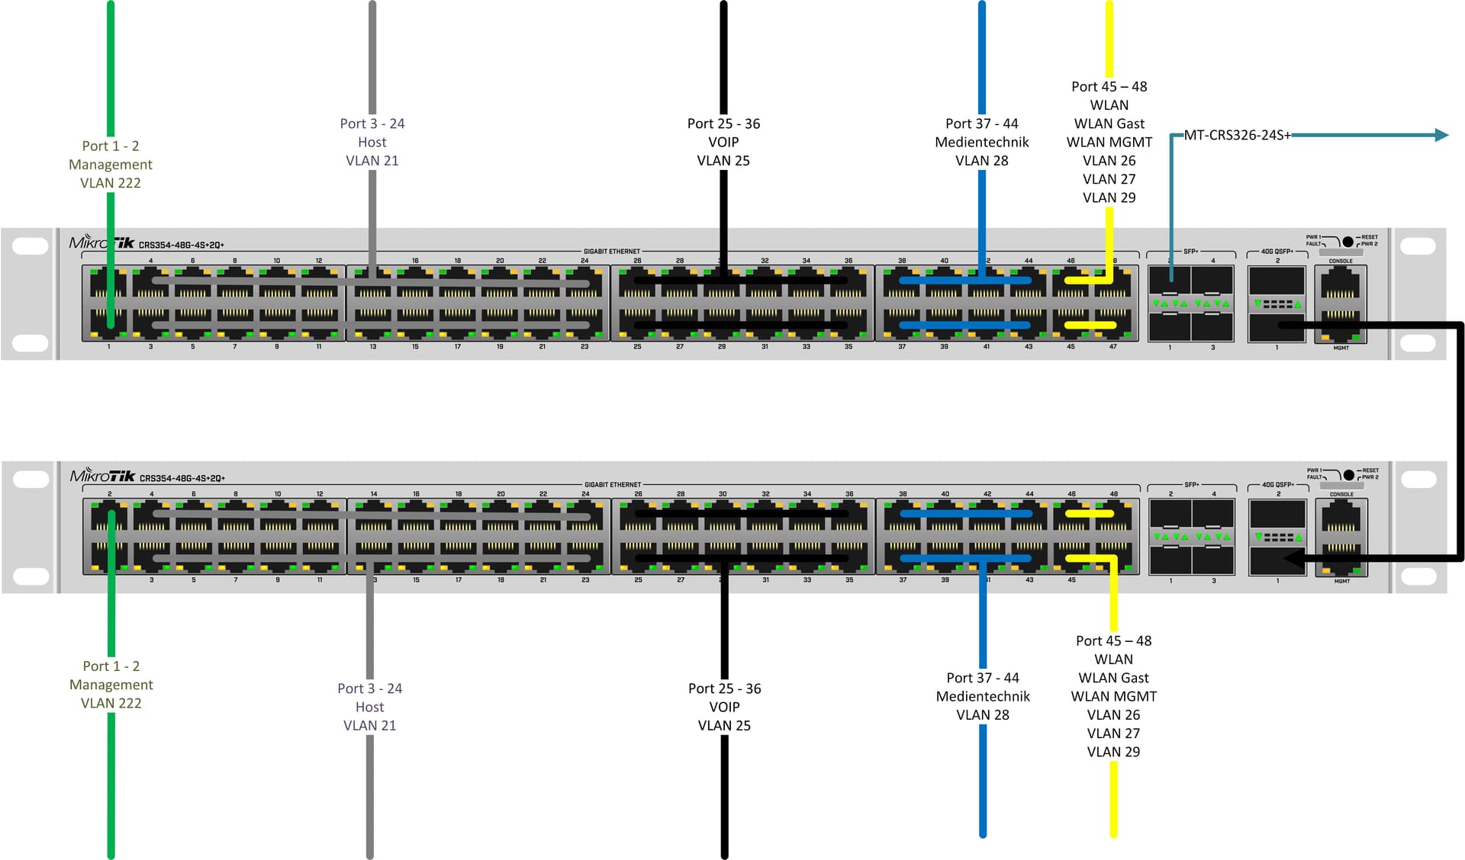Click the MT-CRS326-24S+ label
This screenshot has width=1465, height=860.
tap(1237, 135)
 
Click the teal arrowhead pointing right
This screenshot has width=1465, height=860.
tap(1441, 135)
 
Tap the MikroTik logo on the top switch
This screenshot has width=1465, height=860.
tap(101, 242)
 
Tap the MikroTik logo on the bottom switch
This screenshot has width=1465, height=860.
tap(102, 476)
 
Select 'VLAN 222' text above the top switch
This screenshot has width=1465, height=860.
tap(111, 183)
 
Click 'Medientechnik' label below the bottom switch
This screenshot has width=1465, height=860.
tap(983, 696)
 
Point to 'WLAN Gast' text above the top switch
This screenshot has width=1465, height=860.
tap(1109, 124)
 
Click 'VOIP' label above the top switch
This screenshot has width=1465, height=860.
tap(723, 142)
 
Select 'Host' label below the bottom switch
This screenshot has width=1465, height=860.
tap(370, 707)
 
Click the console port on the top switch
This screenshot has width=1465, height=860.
tap(1341, 285)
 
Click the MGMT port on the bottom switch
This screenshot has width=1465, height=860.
tap(1341, 560)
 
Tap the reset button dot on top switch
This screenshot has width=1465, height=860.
tap(1347, 242)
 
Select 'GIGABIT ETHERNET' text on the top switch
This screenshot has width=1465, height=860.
tap(612, 251)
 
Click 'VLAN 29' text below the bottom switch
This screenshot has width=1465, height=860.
tap(1113, 752)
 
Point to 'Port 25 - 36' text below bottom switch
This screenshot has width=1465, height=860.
tap(724, 688)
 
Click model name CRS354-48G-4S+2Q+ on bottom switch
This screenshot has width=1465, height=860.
tap(182, 479)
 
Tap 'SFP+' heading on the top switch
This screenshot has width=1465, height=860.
tap(1190, 251)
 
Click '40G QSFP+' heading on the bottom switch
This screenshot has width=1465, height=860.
tap(1277, 484)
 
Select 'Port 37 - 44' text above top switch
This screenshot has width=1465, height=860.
tap(981, 124)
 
